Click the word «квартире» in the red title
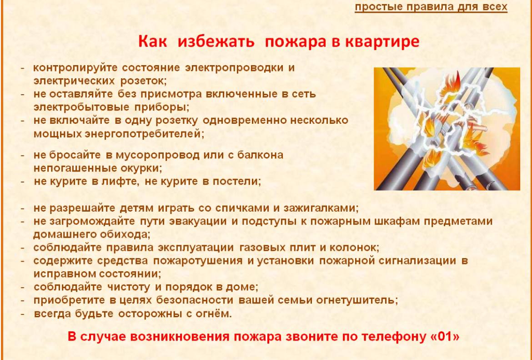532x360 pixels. pos(382,41)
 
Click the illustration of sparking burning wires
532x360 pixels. pos(447,129)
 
